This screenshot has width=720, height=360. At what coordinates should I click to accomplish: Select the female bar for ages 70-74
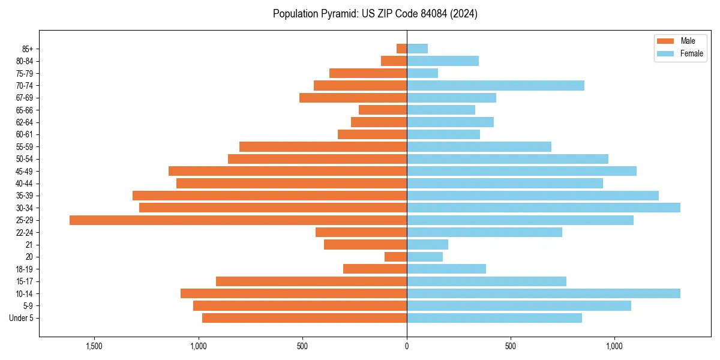point(496,85)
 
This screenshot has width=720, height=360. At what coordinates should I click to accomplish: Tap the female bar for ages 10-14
point(544,293)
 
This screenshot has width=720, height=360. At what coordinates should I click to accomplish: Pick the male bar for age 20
point(396,257)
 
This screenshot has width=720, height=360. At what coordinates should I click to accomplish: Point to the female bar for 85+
point(418,49)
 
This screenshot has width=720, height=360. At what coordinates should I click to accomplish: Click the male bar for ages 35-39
point(270,196)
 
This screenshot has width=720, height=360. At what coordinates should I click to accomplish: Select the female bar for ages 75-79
point(422,73)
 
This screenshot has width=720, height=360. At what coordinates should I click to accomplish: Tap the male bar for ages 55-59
point(323,146)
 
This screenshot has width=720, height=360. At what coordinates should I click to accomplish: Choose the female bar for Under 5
point(494,318)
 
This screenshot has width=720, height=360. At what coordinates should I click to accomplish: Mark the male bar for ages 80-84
point(394,61)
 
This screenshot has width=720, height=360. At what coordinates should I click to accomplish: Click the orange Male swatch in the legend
point(665,41)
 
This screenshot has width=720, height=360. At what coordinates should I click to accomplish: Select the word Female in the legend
point(692,53)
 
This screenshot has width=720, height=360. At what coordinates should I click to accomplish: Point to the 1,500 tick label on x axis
point(94,346)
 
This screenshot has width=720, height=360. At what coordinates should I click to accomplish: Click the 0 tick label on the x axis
point(407,346)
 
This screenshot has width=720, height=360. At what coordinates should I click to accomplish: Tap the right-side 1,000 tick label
point(614,346)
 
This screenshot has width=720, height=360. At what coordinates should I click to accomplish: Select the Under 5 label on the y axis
point(22,318)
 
